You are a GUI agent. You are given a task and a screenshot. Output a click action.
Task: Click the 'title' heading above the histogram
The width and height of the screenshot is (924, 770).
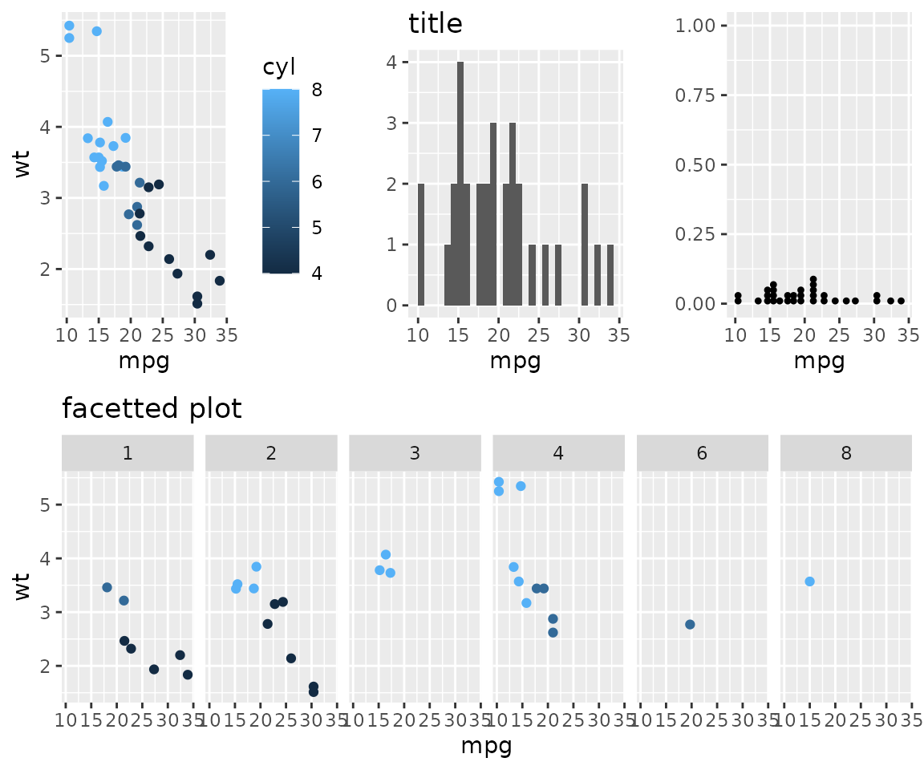click(x=436, y=24)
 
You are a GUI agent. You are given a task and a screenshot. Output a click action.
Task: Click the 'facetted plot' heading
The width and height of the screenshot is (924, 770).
click(x=152, y=409)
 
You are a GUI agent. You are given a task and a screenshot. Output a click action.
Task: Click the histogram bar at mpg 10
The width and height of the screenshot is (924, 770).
click(x=420, y=244)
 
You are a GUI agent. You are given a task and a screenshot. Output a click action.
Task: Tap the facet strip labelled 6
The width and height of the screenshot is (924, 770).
click(x=702, y=453)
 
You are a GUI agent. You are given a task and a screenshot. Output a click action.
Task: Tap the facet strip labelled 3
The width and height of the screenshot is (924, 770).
click(x=415, y=453)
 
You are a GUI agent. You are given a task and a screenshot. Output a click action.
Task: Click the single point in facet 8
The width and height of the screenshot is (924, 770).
click(x=809, y=582)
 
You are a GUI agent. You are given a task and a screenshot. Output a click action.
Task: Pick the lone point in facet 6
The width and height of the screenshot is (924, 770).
click(x=690, y=624)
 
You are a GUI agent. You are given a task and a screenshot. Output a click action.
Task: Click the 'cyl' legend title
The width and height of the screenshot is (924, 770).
click(x=275, y=69)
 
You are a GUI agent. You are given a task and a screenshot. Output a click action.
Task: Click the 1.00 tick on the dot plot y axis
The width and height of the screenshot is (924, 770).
click(x=700, y=26)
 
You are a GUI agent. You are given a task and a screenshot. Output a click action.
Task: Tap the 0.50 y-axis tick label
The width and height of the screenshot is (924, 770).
click(x=700, y=164)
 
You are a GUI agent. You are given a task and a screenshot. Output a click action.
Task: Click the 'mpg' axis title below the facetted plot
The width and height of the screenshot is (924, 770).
click(x=486, y=746)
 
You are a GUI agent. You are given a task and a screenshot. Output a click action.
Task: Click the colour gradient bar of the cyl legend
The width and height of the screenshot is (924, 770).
click(x=281, y=181)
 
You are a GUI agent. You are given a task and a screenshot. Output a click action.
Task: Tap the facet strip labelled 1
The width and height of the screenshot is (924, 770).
click(x=128, y=453)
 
